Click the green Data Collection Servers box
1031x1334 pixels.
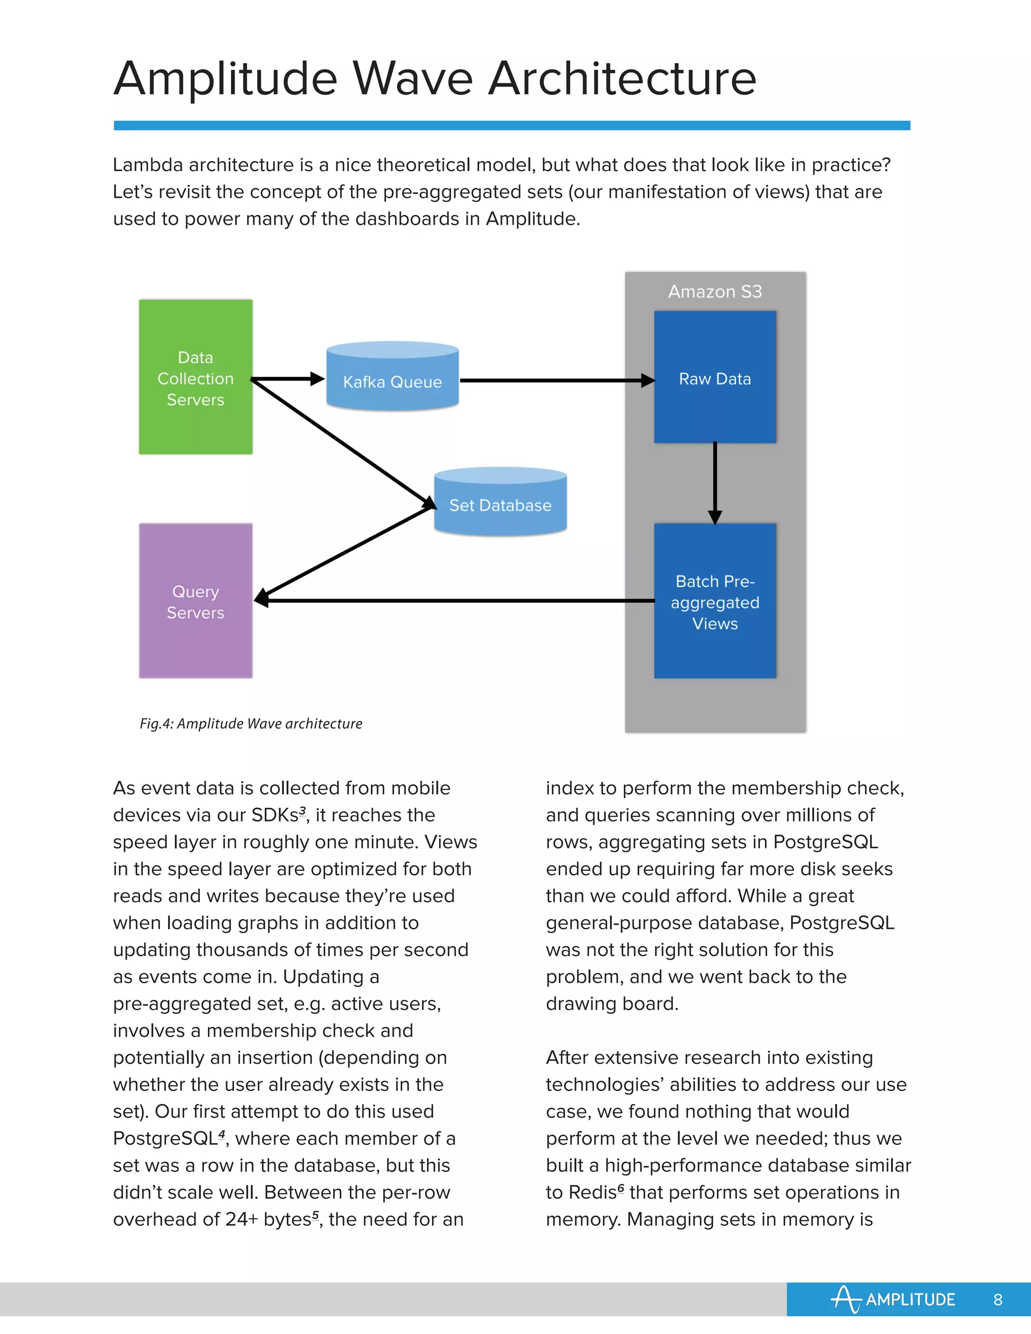pos(195,377)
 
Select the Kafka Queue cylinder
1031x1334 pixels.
pos(392,378)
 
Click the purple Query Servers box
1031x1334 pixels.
pos(195,601)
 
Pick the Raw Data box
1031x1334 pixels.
pos(715,377)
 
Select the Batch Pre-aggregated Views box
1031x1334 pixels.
pos(715,601)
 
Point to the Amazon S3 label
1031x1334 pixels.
pos(715,291)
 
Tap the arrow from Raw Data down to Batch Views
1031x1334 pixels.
pos(715,483)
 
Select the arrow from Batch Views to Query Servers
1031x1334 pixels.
pos(458,601)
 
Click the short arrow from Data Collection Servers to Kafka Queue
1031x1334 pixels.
pos(287,379)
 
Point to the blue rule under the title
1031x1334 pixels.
pos(512,125)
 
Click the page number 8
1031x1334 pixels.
pos(997,1299)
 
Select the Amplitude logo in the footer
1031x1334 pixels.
pos(893,1299)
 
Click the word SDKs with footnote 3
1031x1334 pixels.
pos(274,816)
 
